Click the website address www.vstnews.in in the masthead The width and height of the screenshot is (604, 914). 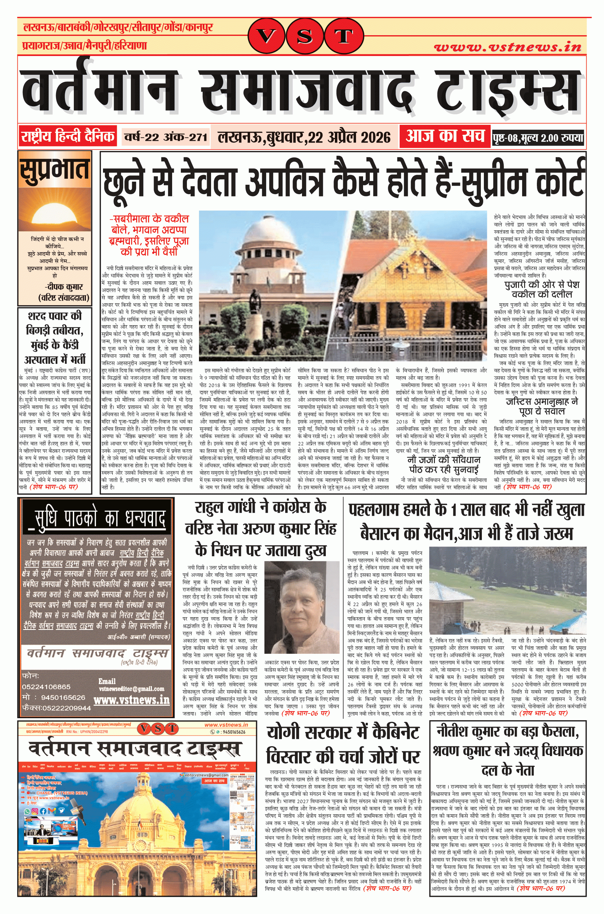(x=507, y=47)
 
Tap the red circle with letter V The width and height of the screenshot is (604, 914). (x=266, y=37)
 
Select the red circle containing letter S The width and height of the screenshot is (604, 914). (x=305, y=37)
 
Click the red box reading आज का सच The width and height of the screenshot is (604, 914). (x=445, y=136)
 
